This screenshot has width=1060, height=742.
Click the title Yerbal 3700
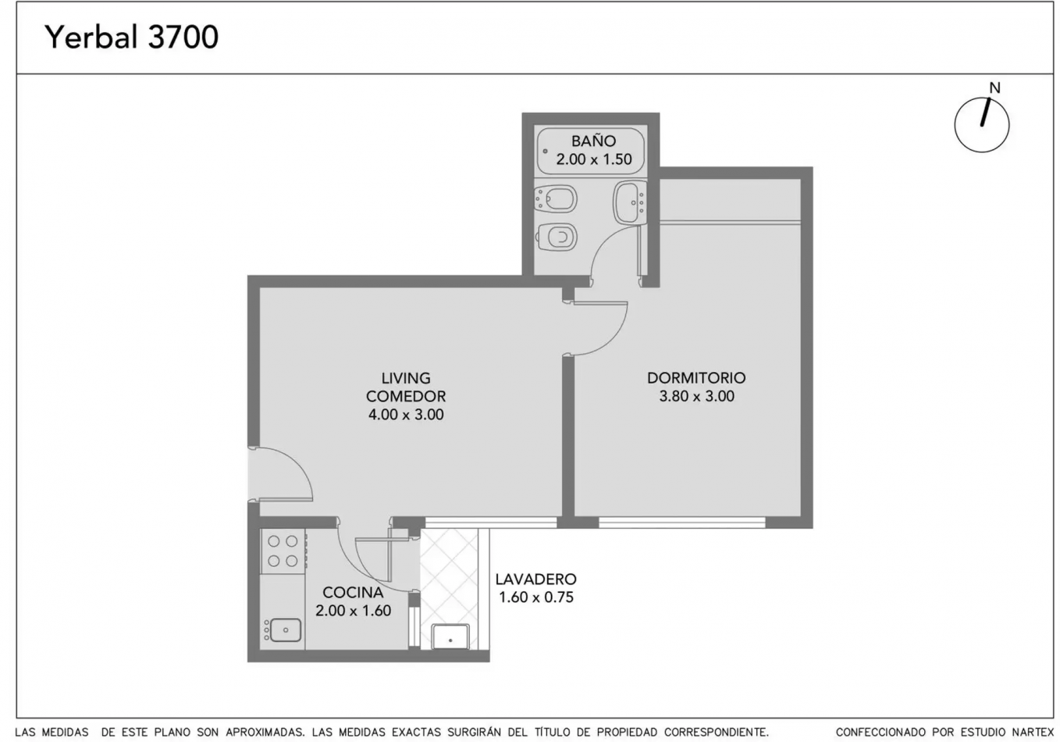click(132, 37)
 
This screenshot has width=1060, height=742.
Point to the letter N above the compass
click(995, 88)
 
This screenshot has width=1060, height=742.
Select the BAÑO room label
click(593, 140)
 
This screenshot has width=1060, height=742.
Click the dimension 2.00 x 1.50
click(594, 159)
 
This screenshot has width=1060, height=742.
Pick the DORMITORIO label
click(696, 378)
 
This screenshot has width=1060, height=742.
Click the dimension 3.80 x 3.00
click(696, 396)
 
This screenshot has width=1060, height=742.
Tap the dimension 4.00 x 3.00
click(406, 414)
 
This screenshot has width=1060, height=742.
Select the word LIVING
click(406, 378)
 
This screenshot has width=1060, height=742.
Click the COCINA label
click(353, 592)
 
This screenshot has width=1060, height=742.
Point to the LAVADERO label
click(535, 579)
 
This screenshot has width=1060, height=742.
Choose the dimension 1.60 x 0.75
click(535, 597)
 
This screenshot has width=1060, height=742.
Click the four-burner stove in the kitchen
click(283, 551)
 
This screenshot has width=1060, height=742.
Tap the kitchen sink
click(283, 630)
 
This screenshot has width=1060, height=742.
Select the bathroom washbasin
click(630, 202)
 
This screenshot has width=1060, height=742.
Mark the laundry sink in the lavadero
click(450, 637)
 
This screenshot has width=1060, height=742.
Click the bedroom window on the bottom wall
click(682, 523)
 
